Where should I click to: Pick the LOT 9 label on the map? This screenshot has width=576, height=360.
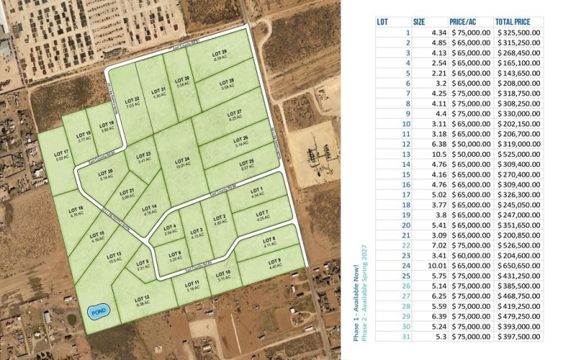274,263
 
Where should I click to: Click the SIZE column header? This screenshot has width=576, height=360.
419,22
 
